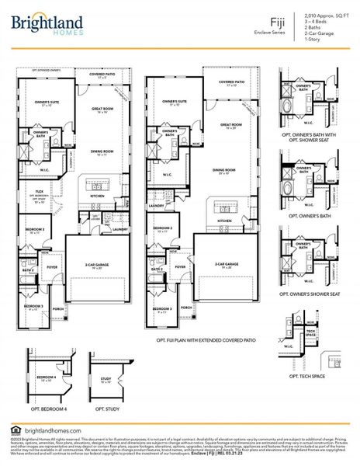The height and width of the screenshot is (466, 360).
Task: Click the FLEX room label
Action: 38,191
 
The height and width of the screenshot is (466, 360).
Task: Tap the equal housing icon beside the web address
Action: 16,431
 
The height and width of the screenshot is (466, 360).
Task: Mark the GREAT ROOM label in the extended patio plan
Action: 229,125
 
